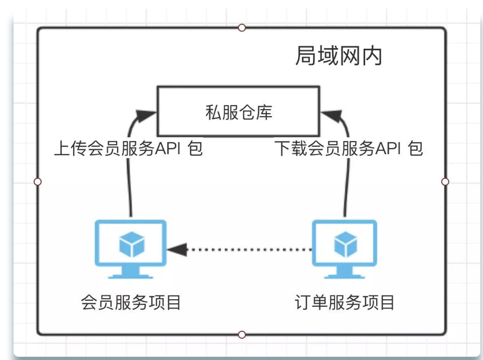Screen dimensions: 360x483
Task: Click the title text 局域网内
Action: pos(339,56)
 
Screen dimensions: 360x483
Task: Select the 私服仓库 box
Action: pos(238,112)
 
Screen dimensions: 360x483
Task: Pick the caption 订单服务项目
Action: pos(345,302)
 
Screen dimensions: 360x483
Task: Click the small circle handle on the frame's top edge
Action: pos(242,28)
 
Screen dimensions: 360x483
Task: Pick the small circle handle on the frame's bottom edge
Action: pos(242,335)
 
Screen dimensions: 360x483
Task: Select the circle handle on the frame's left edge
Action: pos(37,182)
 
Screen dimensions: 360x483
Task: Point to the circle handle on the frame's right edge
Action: pos(446,182)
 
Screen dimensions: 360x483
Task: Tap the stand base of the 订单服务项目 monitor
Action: pos(345,275)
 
